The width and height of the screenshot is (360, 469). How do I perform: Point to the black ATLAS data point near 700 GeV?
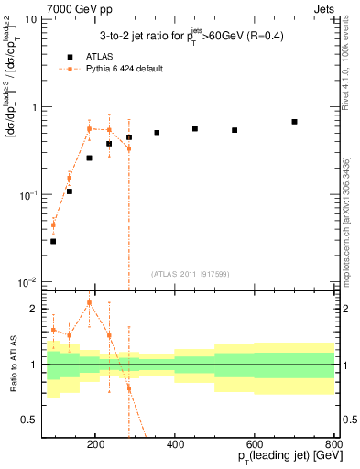(294, 122)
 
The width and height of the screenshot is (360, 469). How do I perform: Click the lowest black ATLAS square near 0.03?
(53, 241)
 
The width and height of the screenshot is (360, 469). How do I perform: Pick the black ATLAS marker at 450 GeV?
(195, 129)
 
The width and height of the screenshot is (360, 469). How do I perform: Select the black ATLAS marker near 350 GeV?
(157, 133)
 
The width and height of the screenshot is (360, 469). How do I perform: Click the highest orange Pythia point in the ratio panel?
(89, 302)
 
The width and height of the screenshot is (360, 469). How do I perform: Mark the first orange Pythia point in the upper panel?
(53, 224)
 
